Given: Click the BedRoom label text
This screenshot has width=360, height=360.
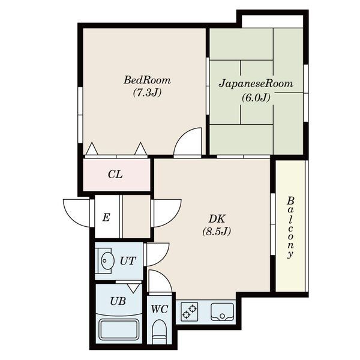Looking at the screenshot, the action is point(147,80).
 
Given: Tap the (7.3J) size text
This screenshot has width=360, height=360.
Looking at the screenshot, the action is point(147,92).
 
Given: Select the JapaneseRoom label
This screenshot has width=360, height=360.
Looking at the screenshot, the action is point(256,83).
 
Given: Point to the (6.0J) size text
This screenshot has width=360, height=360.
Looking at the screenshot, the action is point(256,98).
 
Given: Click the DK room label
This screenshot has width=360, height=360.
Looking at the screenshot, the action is point(217,219).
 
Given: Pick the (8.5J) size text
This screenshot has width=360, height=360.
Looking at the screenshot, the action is point(217,231).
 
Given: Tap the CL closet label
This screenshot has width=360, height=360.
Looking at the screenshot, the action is point(115,175).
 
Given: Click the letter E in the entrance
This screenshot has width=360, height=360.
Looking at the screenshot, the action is point(106,217).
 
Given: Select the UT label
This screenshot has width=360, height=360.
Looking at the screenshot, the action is point(128,261).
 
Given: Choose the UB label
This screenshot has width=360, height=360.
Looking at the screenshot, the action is point(118,301).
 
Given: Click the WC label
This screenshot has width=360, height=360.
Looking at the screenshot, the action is point(160,309).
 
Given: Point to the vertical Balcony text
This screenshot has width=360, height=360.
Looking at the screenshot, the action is point(290,228).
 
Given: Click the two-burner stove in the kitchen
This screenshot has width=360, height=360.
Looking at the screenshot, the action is point(190,311).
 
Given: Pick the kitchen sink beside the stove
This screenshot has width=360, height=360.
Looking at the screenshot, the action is point(222,312).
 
